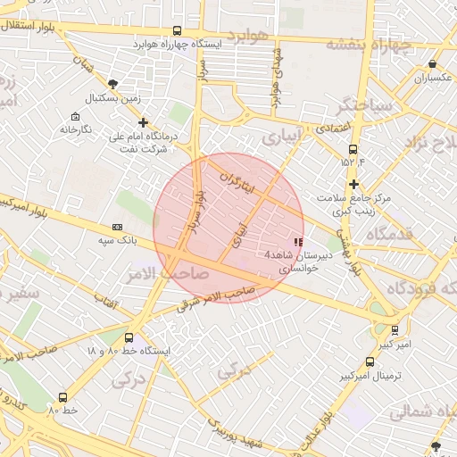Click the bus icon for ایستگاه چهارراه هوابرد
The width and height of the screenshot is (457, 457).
tap(177, 30)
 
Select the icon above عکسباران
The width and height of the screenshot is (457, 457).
tap(433, 64)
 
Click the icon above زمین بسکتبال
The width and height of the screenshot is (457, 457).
tap(112, 83)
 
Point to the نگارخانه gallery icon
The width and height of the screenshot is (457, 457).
tap(75, 117)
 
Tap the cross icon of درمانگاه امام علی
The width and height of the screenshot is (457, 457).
tap(143, 123)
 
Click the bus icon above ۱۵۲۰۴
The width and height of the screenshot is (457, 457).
tap(353, 149)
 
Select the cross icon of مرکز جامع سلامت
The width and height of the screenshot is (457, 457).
tap(354, 183)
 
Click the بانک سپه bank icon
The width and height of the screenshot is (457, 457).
tap(118, 228)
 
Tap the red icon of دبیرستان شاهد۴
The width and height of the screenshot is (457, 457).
tap(298, 242)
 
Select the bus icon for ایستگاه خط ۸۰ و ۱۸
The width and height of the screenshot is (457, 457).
tap(129, 338)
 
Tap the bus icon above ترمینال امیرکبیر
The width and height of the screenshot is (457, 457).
tap(370, 361)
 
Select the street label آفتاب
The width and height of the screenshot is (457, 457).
tap(107, 303)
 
